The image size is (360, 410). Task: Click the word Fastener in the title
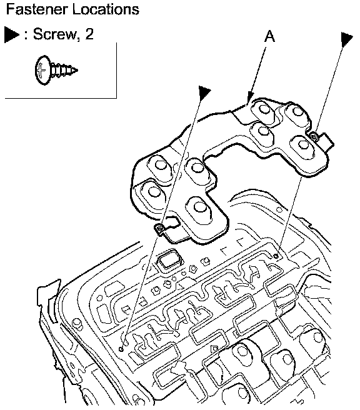pyautogui.click(x=36, y=9)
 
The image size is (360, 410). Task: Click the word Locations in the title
pyautogui.click(x=106, y=9)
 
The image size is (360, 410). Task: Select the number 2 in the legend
pyautogui.click(x=89, y=34)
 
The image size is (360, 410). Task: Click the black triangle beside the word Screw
pyautogui.click(x=11, y=34)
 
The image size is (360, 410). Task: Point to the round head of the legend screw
pyautogui.click(x=43, y=70)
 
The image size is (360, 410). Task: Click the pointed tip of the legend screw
pyautogui.click(x=76, y=70)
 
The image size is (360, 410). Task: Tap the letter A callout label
pyautogui.click(x=270, y=36)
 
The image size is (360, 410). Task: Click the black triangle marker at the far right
pyautogui.click(x=347, y=39)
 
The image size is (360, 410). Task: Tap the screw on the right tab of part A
pyautogui.click(x=314, y=136)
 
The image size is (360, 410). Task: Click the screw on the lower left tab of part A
pyautogui.click(x=159, y=229)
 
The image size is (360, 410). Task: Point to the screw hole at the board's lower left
pyautogui.click(x=121, y=349)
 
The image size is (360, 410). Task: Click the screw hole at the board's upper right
pyautogui.click(x=276, y=256)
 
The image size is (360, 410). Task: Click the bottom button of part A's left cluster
pyautogui.click(x=199, y=208)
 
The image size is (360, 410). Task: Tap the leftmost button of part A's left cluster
pyautogui.click(x=153, y=192)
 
